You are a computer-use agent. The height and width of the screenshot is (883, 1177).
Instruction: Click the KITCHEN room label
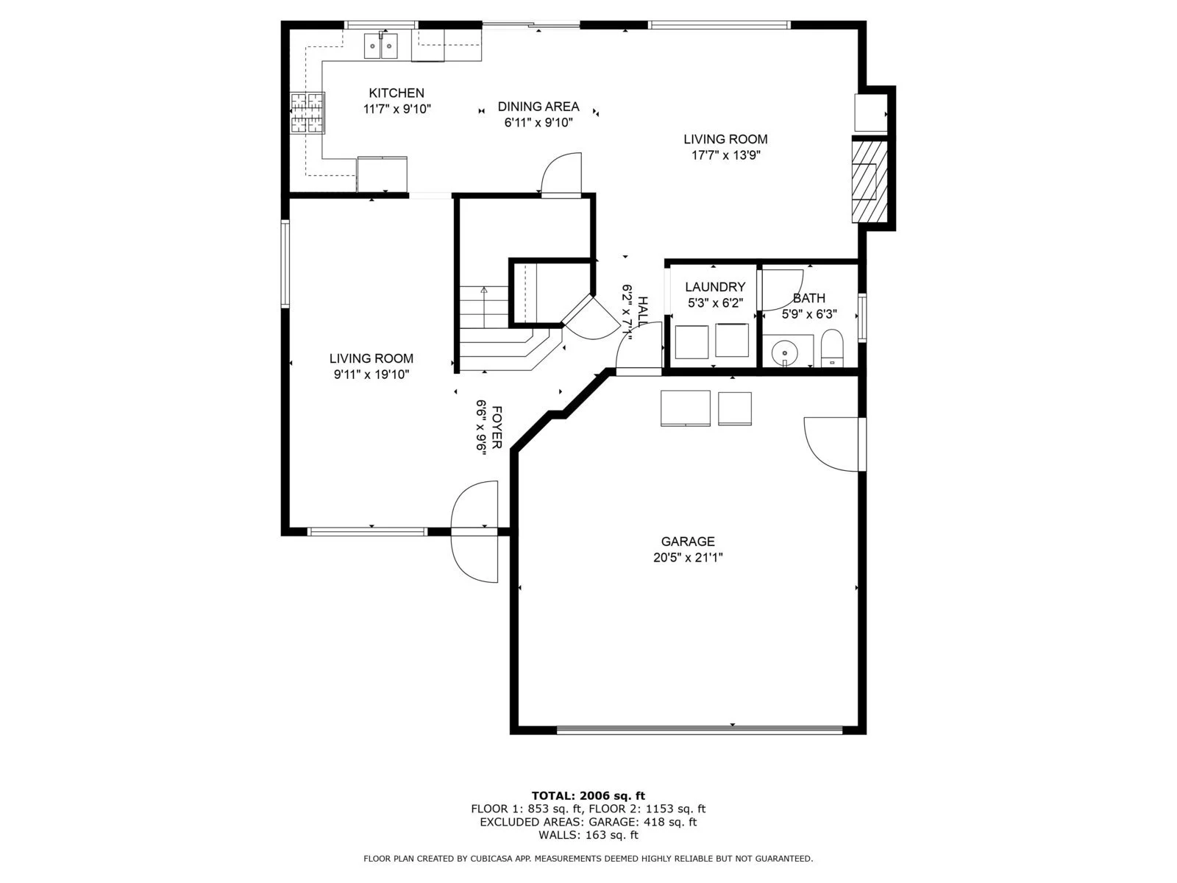click(x=397, y=93)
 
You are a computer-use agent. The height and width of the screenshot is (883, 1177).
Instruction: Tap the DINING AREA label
click(x=538, y=107)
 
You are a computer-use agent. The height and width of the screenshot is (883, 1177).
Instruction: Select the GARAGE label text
click(x=687, y=542)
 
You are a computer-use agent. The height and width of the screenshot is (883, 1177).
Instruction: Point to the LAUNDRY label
click(x=715, y=287)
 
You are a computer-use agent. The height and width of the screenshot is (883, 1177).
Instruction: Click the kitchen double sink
click(x=381, y=46)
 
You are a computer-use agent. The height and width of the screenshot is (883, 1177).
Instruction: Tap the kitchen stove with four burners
click(x=307, y=113)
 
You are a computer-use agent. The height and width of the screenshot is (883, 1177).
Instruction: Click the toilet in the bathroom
click(x=832, y=348)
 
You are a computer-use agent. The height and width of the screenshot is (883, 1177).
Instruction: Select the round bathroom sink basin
click(x=784, y=353)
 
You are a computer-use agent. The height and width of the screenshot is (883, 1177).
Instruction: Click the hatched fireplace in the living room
click(x=870, y=182)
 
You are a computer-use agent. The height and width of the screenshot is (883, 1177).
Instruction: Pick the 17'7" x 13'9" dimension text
click(x=725, y=155)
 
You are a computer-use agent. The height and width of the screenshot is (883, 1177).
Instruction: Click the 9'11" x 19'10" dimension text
click(x=371, y=375)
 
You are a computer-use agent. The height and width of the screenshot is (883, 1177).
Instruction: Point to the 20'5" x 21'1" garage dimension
click(x=687, y=558)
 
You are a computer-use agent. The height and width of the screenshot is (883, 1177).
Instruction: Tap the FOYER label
click(x=497, y=428)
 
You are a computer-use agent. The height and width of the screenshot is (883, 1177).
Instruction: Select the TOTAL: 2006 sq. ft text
click(x=588, y=795)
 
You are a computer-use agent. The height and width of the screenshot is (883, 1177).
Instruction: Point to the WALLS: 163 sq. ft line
click(x=588, y=834)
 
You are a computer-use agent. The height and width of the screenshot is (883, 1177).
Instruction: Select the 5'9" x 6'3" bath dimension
click(x=809, y=314)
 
